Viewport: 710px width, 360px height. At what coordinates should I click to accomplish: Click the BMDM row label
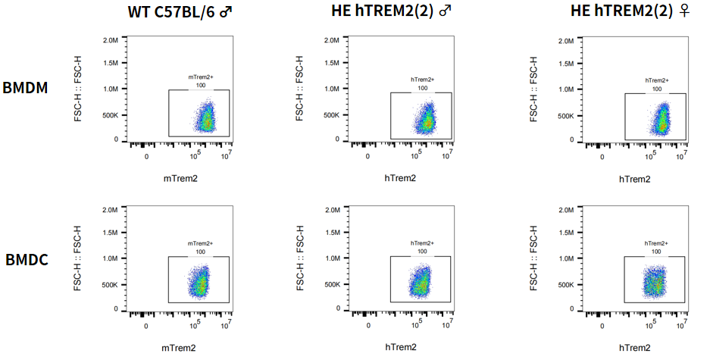27,88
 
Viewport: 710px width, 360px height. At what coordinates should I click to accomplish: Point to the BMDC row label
27,259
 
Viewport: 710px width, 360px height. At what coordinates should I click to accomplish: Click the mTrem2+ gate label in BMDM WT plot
200,77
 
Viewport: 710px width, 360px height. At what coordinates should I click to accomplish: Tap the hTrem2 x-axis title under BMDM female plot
634,179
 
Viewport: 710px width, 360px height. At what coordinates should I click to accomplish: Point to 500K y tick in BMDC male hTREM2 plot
331,285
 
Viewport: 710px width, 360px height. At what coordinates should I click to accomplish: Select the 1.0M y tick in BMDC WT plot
109,258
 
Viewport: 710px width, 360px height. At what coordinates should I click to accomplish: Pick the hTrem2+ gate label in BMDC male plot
422,243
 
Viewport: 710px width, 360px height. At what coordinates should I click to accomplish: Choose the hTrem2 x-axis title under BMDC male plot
400,348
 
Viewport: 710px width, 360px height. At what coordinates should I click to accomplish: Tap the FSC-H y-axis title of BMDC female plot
534,258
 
